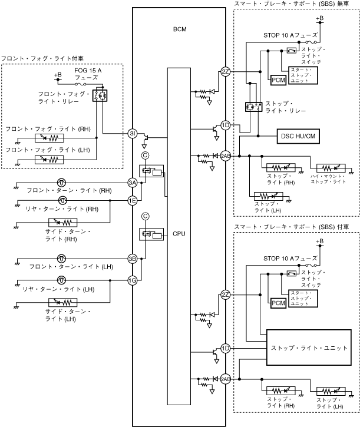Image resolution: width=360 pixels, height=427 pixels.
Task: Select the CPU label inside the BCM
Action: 179,234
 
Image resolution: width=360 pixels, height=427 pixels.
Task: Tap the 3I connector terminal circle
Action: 133,134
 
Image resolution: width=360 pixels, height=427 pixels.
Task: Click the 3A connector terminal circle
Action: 133,183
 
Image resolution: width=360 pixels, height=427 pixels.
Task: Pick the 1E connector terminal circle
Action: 133,200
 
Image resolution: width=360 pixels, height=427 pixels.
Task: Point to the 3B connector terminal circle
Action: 133,259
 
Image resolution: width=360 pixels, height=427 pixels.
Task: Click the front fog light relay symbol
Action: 100,93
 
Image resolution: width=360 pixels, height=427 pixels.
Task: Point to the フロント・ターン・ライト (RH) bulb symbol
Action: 61,183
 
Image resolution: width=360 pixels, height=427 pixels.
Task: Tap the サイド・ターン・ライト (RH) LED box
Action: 62,223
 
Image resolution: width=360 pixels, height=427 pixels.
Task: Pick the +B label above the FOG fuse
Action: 58,75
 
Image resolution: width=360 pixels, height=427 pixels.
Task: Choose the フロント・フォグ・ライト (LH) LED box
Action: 49,159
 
